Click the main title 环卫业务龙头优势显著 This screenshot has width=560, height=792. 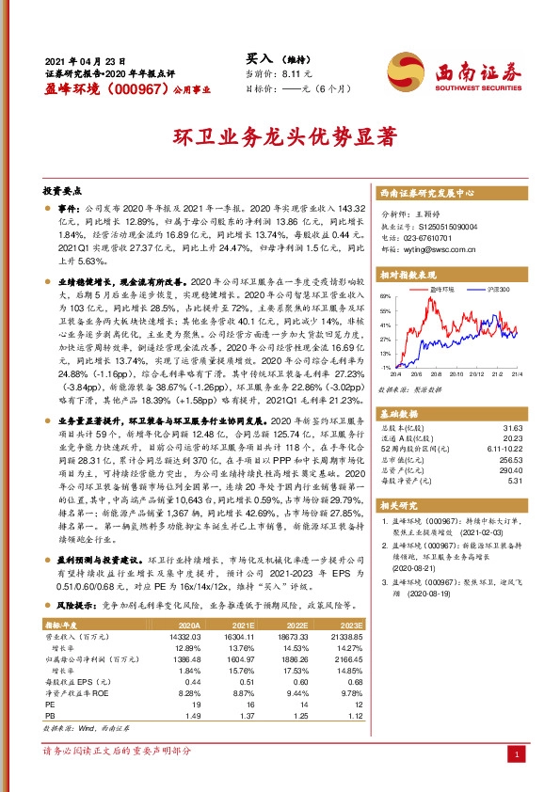[280, 137]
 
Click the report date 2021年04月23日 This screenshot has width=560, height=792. [86, 57]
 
